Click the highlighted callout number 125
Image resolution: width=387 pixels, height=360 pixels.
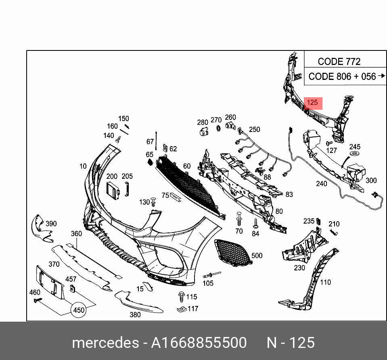point(312,103)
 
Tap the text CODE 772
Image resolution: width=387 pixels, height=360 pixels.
point(339,62)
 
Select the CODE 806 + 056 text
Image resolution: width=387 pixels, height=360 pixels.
point(342,76)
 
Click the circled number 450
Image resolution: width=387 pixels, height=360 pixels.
point(79,310)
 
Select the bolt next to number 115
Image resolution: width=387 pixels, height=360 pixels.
point(181,297)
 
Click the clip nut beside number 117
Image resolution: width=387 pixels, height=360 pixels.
point(181,309)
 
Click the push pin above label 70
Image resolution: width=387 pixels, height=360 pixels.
point(239,218)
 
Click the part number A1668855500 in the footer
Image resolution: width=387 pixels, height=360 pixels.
point(199,343)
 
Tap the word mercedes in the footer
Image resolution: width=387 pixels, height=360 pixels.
point(105,343)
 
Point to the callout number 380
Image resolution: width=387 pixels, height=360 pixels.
point(135,314)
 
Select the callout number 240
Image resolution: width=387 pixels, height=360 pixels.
point(321,184)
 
